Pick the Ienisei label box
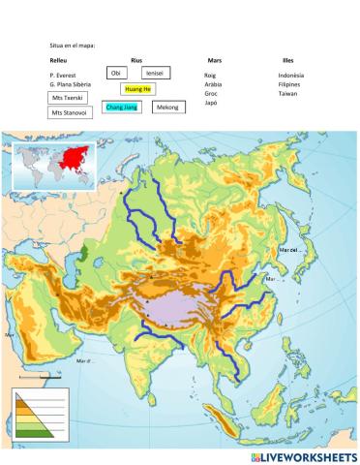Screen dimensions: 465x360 tap(154, 73)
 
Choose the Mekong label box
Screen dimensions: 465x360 tap(168, 106)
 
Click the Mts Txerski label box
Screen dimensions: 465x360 tap(69, 98)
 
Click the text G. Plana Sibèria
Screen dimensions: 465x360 tap(70, 84)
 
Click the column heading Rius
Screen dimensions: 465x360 tap(136, 60)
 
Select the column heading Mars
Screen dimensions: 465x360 tap(214, 60)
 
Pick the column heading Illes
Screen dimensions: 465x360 tap(287, 60)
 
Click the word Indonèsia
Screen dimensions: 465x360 tap(291, 75)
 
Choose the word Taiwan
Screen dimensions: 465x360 tap(287, 93)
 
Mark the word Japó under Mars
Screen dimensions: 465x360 tap(211, 102)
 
